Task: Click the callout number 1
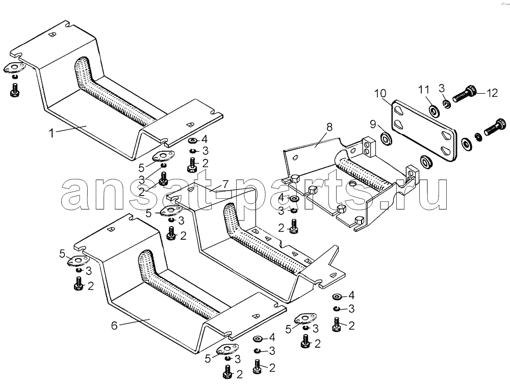(51, 133)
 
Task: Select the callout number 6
(114, 325)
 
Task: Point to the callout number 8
(329, 127)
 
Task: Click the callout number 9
(373, 124)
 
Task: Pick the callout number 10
(380, 93)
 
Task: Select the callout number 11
(424, 89)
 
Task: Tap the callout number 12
(492, 93)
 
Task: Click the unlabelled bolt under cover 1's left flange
(14, 90)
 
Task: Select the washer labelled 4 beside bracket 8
(295, 199)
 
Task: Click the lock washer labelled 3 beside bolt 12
(447, 104)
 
